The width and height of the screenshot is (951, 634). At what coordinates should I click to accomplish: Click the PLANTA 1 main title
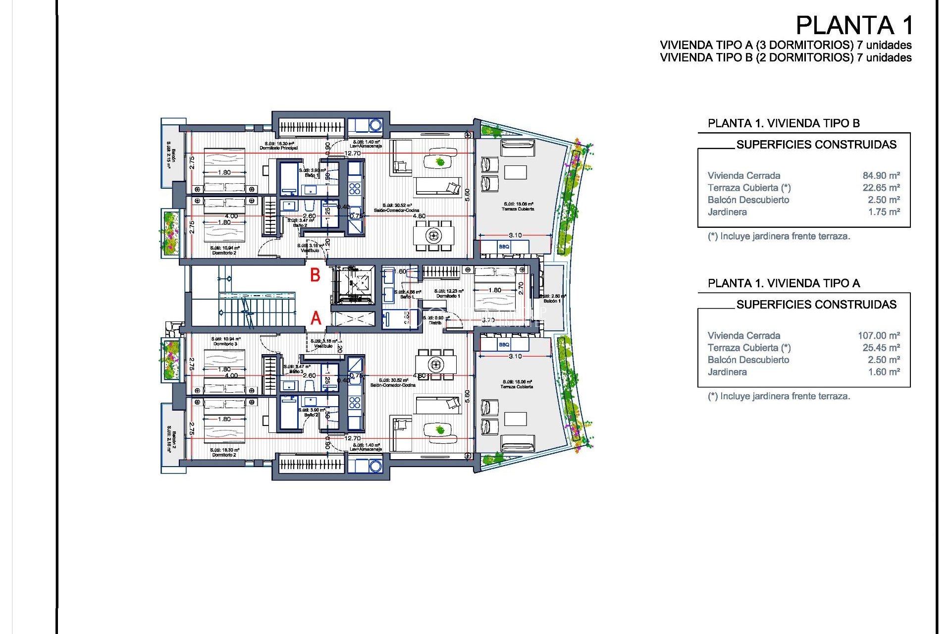click(853, 26)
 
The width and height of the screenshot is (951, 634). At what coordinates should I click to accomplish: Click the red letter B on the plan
click(315, 275)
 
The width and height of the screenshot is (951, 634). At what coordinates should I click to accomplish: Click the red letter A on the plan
click(316, 318)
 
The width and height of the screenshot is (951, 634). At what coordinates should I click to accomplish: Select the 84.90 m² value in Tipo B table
click(881, 175)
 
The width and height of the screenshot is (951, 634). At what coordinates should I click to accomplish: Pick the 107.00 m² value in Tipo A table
click(879, 335)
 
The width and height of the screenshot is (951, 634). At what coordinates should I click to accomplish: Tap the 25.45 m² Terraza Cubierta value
click(881, 348)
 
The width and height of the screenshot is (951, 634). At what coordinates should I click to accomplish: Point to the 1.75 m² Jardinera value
click(884, 211)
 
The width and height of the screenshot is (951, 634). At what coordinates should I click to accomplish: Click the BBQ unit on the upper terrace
click(504, 246)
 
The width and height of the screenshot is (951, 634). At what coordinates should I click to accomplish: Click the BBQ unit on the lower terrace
click(504, 344)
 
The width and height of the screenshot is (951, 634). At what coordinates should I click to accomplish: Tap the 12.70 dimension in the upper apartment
click(353, 153)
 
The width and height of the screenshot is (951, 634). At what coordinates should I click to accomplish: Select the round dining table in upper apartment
click(434, 235)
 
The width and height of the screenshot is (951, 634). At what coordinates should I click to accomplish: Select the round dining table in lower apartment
click(436, 365)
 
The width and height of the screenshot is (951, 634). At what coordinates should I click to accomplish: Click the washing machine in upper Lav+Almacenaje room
click(375, 125)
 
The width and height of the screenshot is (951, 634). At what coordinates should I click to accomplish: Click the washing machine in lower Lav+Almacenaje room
click(375, 466)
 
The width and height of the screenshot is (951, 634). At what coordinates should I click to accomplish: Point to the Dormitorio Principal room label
click(278, 148)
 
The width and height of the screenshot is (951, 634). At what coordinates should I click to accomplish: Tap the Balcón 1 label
click(552, 301)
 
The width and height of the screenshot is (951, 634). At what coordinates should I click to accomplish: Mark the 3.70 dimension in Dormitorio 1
click(488, 320)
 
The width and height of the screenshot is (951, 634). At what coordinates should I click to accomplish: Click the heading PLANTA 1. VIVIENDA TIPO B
click(784, 123)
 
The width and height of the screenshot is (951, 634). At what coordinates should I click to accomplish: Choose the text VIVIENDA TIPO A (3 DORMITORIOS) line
click(786, 45)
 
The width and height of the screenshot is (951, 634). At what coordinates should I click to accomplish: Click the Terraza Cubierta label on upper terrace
click(518, 209)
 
